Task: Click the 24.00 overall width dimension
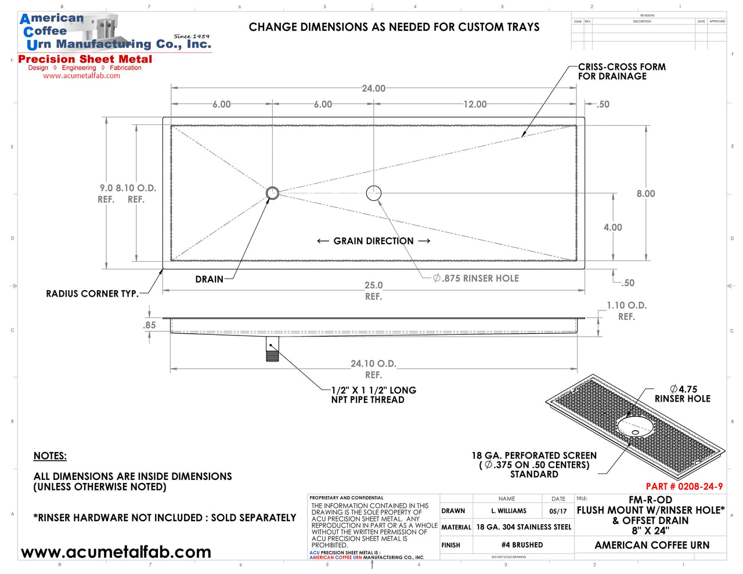tap(373, 88)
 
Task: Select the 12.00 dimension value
tap(475, 104)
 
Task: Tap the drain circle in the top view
tap(272, 193)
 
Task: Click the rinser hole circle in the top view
tap(374, 193)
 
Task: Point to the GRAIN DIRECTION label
tap(373, 241)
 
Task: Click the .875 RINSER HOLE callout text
tap(476, 279)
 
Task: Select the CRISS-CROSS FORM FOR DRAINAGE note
tap(621, 71)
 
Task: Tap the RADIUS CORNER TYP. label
tap(92, 294)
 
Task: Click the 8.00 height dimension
tap(645, 194)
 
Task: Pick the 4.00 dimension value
tap(612, 228)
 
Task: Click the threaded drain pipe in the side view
tap(272, 349)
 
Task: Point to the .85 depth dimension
tap(150, 325)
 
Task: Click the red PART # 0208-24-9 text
tap(684, 486)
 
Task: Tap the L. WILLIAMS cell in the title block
tap(508, 511)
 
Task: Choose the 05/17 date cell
tap(558, 511)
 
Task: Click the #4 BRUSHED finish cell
tap(522, 545)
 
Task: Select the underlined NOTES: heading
tap(50, 456)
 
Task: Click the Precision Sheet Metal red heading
tap(85, 59)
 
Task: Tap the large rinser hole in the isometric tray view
tap(635, 426)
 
